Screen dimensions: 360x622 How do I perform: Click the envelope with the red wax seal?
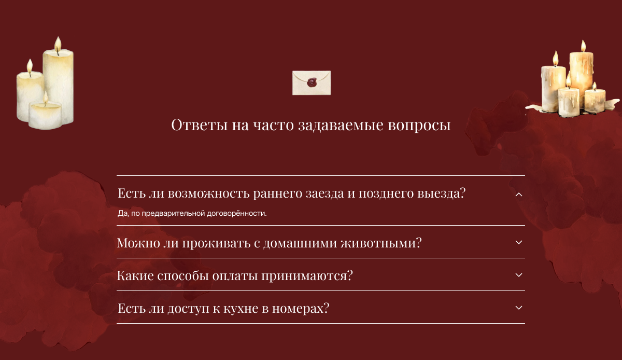coord(312,83)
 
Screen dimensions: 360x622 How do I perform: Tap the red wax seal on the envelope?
coord(312,82)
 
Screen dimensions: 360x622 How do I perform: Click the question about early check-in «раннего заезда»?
coord(291,193)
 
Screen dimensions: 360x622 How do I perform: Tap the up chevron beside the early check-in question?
coord(519,194)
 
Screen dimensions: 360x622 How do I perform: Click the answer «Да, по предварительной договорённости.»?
coord(192,213)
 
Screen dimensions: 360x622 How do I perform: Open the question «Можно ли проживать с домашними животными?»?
coord(269,242)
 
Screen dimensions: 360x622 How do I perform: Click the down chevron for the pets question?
coord(519,242)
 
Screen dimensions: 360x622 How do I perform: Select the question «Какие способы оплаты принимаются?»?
coord(235,275)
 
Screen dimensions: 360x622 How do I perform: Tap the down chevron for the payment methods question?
coord(519,275)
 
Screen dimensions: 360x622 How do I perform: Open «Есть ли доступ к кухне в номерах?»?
coord(223,308)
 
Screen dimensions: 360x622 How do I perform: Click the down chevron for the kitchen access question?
coord(519,308)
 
